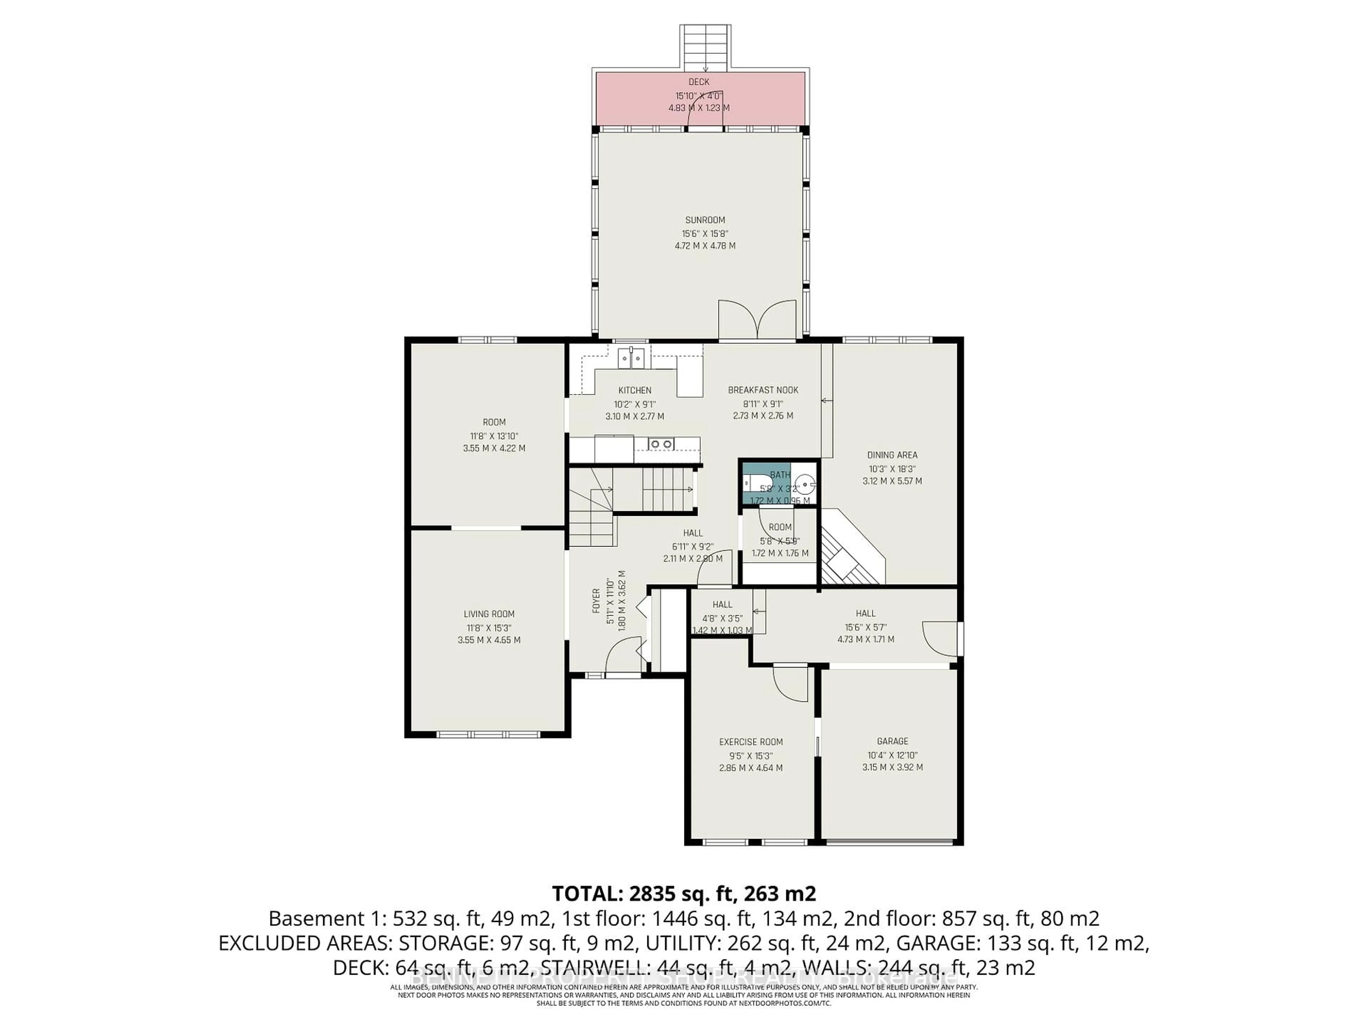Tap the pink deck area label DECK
[x=699, y=82]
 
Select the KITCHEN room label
[x=634, y=390]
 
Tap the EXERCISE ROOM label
[x=751, y=741]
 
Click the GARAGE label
[x=892, y=741]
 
